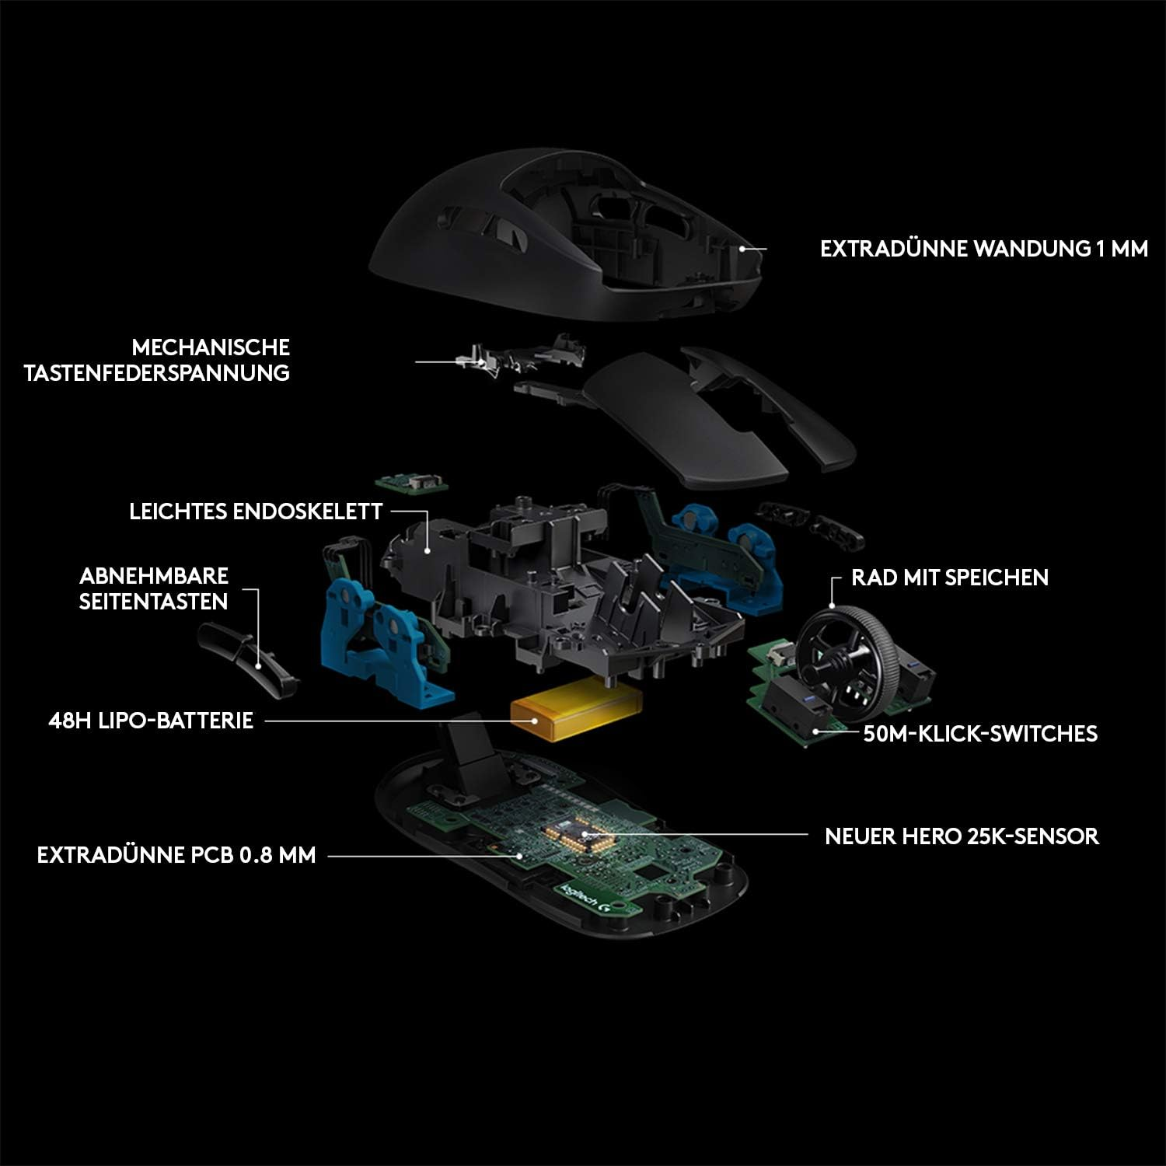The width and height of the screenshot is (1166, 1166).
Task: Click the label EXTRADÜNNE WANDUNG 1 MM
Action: pos(983,249)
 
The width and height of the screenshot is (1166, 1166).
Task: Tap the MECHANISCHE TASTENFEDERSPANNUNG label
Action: pos(157,360)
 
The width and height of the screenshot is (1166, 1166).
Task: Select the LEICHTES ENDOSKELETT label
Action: pos(256,511)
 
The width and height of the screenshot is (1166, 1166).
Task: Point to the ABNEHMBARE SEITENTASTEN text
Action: pos(154,588)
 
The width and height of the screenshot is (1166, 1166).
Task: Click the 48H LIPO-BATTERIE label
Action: pos(151,721)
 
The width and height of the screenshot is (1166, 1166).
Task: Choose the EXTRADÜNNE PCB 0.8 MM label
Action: pos(176,855)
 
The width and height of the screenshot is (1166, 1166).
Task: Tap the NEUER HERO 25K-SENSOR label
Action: pos(962,836)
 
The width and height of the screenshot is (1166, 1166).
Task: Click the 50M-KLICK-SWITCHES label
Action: pos(980,734)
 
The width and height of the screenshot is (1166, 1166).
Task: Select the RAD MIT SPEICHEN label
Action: pos(950,578)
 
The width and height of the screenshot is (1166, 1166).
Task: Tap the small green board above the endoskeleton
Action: pos(412,482)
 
